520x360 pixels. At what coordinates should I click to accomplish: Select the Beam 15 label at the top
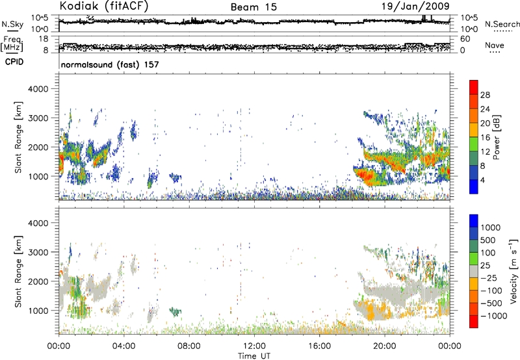coord(255,7)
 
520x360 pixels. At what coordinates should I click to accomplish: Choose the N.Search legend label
coord(502,24)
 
